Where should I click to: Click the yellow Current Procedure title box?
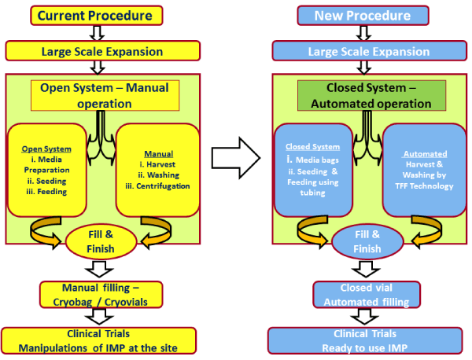pos(97,16)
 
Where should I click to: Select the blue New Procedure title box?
pos(363,16)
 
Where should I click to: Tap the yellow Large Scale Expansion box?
pos(102,51)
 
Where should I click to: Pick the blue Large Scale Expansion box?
pos(370,51)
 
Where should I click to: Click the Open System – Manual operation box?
pos(105,95)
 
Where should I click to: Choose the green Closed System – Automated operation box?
pos(372,95)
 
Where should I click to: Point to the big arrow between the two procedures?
pos(236,158)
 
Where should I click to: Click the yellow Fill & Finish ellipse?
pos(101,241)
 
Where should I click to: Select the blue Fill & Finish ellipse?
pos(367,241)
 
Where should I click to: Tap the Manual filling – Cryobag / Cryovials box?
pos(101,295)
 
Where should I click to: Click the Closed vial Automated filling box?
pos(367,295)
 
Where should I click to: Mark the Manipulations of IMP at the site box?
pos(99,341)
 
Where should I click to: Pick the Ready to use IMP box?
pos(365,341)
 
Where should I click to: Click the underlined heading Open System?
pos(46,149)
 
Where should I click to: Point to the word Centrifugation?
pos(163,186)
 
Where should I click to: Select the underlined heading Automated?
pos(425,154)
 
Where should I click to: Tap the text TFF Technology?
pos(425,186)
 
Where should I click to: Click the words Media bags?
pos(317,160)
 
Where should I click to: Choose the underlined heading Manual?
pos(159,154)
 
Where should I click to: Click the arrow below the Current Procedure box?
pos(97,33)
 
